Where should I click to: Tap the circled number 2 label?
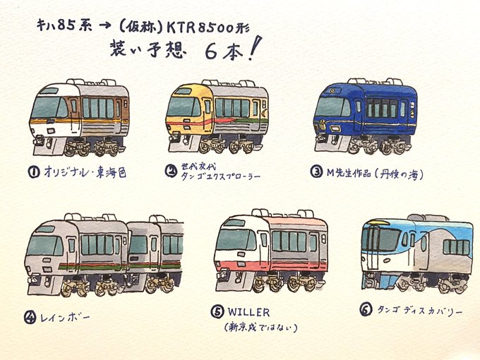click(170, 170)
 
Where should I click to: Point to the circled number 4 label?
click(30, 317)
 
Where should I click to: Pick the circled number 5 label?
click(218, 312)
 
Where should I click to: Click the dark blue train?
click(364, 116)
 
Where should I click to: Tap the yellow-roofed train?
click(217, 117)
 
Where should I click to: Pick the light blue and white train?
click(416, 254)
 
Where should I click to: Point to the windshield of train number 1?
click(49, 108)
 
